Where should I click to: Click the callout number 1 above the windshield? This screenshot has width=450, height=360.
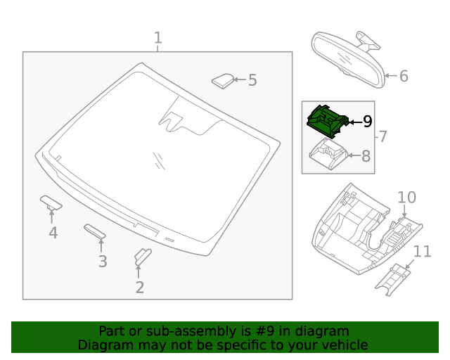tap(158, 38)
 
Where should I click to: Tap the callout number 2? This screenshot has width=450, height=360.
tap(140, 287)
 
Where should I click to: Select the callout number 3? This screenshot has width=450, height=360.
tap(103, 262)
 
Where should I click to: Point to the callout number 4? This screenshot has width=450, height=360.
tap(53, 232)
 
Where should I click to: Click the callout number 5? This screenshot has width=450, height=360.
tap(252, 80)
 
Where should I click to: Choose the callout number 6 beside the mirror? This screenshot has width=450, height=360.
tap(404, 76)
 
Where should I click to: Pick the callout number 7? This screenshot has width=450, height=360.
tap(383, 136)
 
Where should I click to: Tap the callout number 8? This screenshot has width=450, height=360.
tap(366, 156)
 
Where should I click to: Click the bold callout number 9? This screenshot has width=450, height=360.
tap(367, 122)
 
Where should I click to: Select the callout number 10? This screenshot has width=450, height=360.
tap(407, 198)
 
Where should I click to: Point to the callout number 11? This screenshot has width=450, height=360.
tap(422, 251)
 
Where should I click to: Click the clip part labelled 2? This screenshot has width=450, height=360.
tap(141, 257)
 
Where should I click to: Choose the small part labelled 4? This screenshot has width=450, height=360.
tap(51, 202)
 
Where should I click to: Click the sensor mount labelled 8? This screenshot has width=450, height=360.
tap(326, 153)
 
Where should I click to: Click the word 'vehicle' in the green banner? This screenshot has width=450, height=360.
tap(342, 345)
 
